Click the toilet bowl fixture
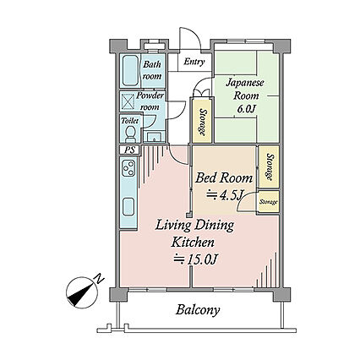(130, 134)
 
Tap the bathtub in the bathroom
(130, 70)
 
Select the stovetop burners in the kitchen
(128, 167)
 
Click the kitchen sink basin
(128, 207)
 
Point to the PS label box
(129, 150)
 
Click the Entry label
(194, 62)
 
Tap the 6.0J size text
(246, 109)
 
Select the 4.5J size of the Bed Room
(225, 195)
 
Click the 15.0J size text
(196, 259)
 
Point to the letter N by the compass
(98, 279)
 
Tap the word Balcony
(198, 310)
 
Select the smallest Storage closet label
(269, 202)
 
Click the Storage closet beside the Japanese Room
(202, 121)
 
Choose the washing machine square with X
(128, 101)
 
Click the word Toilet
(129, 121)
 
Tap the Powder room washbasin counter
(153, 137)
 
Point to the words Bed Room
(224, 178)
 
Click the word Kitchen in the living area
(194, 242)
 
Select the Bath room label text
(152, 70)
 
